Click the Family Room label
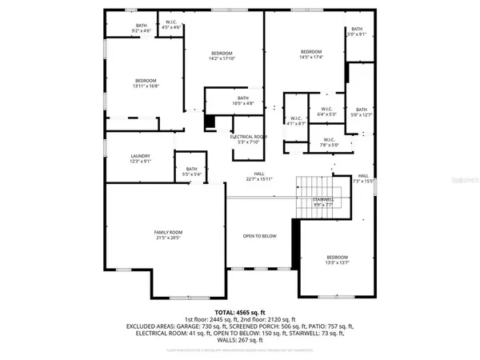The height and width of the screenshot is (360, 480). click(x=168, y=235)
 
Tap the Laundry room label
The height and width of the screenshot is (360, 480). click(x=140, y=158)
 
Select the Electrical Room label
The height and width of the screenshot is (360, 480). click(x=248, y=139)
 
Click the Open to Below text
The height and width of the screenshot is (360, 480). click(x=259, y=236)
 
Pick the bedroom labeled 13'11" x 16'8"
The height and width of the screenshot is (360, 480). click(x=145, y=83)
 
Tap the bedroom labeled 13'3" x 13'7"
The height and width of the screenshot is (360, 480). click(x=337, y=259)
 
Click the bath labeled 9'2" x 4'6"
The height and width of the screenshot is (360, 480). click(x=141, y=29)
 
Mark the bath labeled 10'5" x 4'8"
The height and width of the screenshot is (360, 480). click(x=220, y=101)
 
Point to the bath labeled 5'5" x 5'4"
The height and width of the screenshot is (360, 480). click(x=191, y=171)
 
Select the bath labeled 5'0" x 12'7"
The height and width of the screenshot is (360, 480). click(x=362, y=112)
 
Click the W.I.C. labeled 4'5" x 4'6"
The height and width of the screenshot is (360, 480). click(x=171, y=25)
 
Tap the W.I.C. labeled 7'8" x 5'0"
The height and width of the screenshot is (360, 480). click(x=308, y=142)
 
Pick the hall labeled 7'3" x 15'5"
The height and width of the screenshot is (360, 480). click(x=363, y=178)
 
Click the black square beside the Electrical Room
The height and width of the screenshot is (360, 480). click(x=210, y=122)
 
